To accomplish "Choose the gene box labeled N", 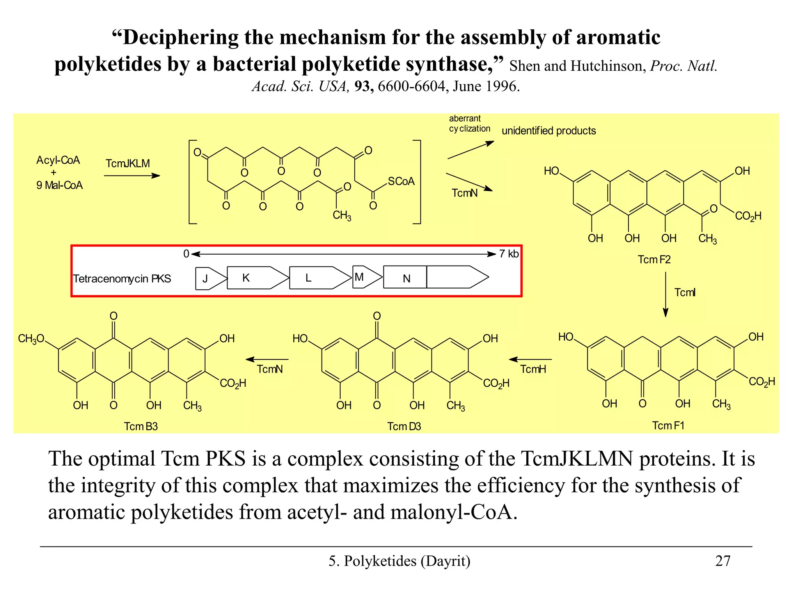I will coord(406,278).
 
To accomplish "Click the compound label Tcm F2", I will coord(654,259).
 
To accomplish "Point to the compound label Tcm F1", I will coord(668,425).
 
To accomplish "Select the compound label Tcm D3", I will coord(404,426).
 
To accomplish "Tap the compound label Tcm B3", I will coord(140,426).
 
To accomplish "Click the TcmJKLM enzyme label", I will coord(128,163).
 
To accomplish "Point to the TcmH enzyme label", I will coord(533,369).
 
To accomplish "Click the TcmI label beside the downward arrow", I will coord(685,293).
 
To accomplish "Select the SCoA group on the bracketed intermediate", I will coord(401,181).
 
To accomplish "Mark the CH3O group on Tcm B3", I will coord(31,339).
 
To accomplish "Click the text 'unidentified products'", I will coord(549,131).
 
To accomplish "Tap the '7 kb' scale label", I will coord(509,254).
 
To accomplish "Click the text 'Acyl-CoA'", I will coord(58,160).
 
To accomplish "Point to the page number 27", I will coord(723,561).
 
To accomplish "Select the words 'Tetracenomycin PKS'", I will coord(122,279).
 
